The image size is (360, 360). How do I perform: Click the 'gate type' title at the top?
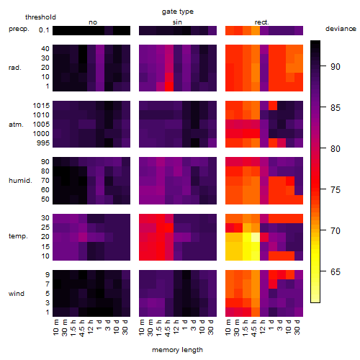(178, 12)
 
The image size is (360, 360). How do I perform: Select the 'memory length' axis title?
(177, 350)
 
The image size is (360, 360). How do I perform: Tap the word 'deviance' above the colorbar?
(341, 29)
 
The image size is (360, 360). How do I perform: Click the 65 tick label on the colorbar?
(336, 272)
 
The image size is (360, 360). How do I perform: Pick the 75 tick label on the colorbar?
(336, 190)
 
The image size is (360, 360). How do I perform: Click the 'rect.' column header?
(262, 22)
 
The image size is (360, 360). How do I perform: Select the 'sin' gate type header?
(177, 22)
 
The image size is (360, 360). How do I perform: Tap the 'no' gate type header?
(93, 22)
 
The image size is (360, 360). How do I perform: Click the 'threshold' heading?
(40, 17)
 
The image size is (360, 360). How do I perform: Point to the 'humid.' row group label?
(20, 181)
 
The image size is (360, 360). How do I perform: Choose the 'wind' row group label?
(17, 294)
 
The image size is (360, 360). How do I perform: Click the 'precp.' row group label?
(19, 30)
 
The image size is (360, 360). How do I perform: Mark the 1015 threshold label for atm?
(41, 106)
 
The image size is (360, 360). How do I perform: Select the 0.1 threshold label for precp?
(44, 30)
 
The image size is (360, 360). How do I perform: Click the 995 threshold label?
(43, 143)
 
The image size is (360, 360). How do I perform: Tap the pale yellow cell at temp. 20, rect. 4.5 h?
(256, 237)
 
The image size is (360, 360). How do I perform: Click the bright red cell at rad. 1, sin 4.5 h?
(169, 86)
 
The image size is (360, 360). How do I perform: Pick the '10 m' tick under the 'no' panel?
(55, 327)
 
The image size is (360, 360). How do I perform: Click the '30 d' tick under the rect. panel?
(297, 327)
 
